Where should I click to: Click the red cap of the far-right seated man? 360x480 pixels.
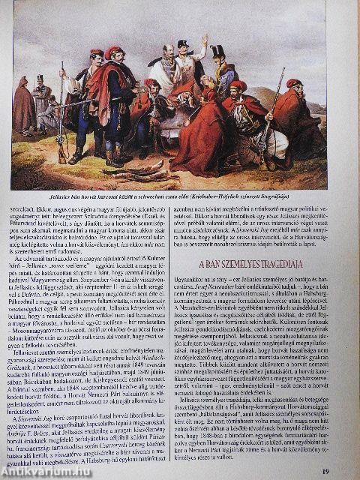coord(294,82)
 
